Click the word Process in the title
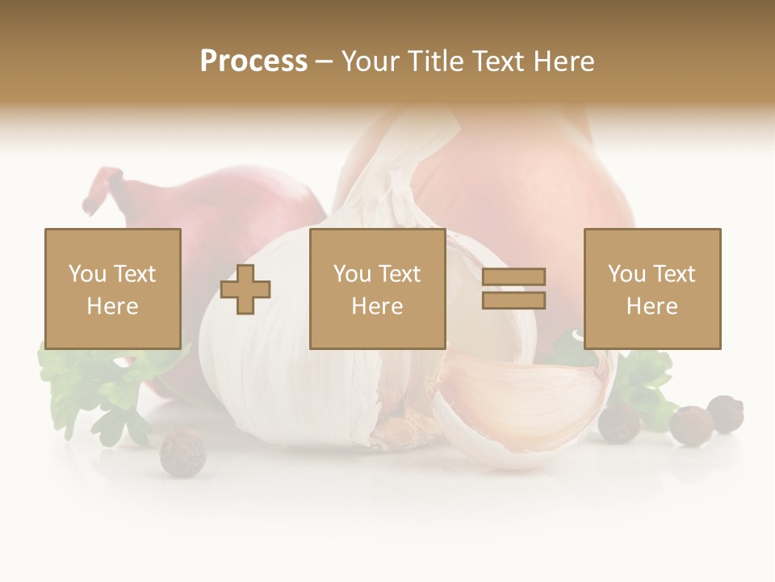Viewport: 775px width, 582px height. (253, 61)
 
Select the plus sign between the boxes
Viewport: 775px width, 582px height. (245, 289)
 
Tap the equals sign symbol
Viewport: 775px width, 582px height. (513, 289)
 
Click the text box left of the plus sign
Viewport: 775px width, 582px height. (113, 289)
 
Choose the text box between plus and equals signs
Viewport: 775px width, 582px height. (377, 289)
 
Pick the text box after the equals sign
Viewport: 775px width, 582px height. (651, 289)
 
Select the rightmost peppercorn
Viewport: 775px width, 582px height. (726, 413)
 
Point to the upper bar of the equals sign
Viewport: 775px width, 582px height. (513, 277)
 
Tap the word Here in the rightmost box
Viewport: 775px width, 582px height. (651, 306)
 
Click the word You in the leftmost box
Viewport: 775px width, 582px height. (86, 274)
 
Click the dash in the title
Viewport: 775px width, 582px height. (324, 61)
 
